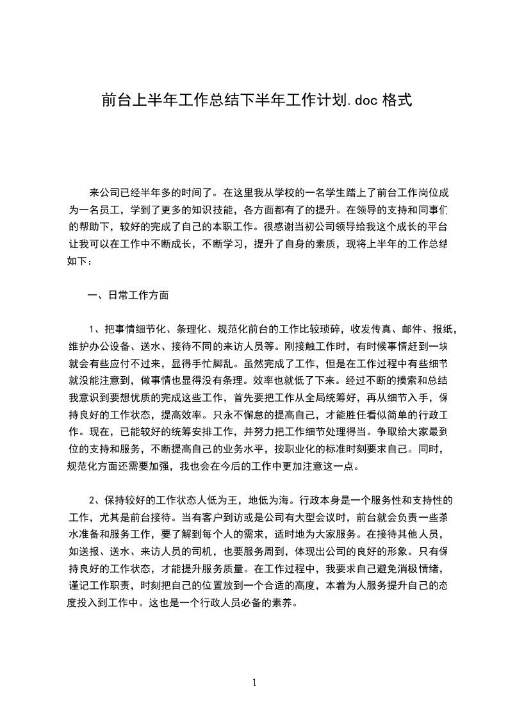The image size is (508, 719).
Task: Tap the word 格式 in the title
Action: (x=397, y=100)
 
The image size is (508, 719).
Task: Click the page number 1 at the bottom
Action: (x=254, y=682)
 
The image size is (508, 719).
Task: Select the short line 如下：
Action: (x=80, y=261)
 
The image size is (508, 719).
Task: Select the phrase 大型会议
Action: (x=319, y=517)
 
